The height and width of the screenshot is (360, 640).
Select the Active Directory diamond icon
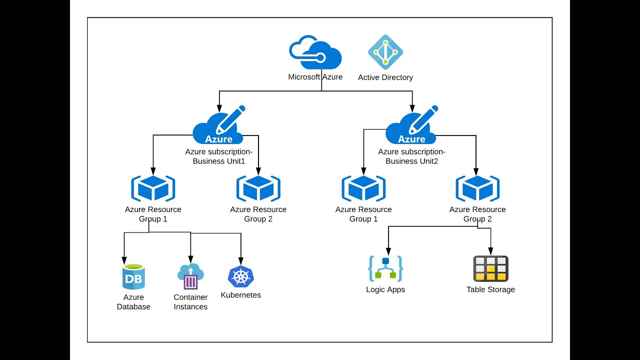pos(385,52)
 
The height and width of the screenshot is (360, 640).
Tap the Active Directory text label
pos(385,77)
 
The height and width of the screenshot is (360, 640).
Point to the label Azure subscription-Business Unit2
pos(411,156)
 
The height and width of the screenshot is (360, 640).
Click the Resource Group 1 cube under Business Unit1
pos(153,188)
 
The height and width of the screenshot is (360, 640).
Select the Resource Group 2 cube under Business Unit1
pos(258,188)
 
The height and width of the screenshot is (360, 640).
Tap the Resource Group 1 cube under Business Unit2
pos(363,188)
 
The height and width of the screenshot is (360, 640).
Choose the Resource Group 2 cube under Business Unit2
pos(477,188)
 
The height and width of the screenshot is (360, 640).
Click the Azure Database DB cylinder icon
pos(133,277)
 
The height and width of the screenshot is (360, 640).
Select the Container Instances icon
pos(190,276)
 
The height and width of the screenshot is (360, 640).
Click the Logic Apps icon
pos(385,268)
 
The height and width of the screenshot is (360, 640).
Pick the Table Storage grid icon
pos(490,268)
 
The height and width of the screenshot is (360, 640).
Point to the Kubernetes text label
pos(241,295)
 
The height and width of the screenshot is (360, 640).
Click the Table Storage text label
pos(490,289)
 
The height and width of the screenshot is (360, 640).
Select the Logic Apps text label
pos(385,289)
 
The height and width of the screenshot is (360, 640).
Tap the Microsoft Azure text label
pos(315,77)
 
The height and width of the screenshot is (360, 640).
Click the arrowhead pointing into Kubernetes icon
pos(241,261)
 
